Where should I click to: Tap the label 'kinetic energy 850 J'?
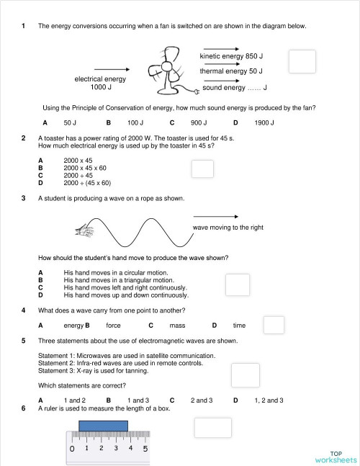(x=231, y=56)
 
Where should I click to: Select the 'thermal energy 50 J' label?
(x=231, y=71)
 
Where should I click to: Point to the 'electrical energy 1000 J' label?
(x=100, y=83)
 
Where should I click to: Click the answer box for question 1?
(x=302, y=61)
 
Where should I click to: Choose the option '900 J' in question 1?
(x=199, y=123)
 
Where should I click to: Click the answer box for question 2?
(x=202, y=168)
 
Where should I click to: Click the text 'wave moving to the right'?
(x=228, y=228)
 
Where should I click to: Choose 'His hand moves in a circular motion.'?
(x=115, y=273)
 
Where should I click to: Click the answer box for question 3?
(x=237, y=284)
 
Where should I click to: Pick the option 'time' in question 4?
(x=239, y=326)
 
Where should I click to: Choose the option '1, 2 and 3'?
(x=264, y=400)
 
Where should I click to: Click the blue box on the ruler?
(x=104, y=426)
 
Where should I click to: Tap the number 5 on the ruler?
(x=145, y=449)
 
